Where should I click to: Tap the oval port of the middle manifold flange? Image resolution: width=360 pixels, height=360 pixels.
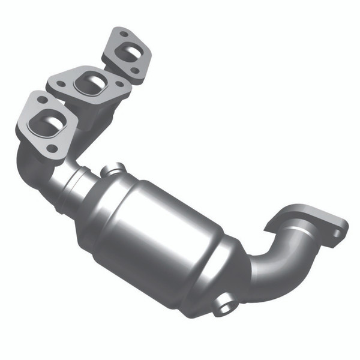(x=89, y=83)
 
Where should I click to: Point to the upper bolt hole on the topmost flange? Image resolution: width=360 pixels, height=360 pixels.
(x=124, y=35)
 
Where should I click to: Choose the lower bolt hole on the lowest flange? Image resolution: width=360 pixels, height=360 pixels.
(x=53, y=148)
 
